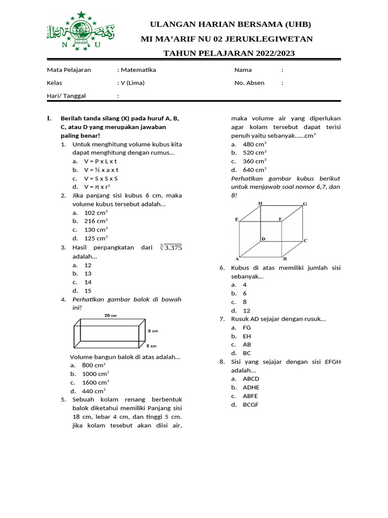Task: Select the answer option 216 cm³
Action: pos(96,221)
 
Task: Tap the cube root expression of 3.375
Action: pos(171,247)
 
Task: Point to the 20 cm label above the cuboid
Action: pos(111,316)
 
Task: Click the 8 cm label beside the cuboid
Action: pos(153,331)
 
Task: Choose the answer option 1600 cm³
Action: pos(95,382)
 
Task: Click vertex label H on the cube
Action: pos(260,203)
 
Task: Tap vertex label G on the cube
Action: pos(305,204)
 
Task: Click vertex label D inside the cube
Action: pos(263,238)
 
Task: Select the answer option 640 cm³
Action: pos(255,169)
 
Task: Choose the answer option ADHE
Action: pos(251,387)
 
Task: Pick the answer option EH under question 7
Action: pos(247,336)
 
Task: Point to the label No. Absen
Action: pos(249,82)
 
